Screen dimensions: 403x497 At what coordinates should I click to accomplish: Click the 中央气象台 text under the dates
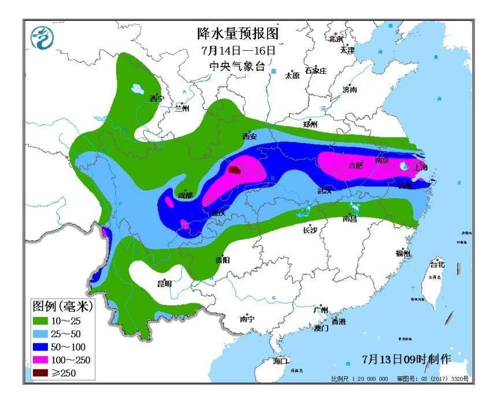pyautogui.click(x=237, y=66)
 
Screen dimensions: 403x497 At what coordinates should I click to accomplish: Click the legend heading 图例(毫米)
pyautogui.click(x=62, y=305)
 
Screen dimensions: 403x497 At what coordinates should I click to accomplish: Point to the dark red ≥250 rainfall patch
pyautogui.click(x=235, y=170)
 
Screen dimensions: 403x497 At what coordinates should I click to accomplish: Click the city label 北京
pyautogui.click(x=336, y=39)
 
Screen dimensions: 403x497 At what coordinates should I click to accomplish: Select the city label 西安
pyautogui.click(x=249, y=137)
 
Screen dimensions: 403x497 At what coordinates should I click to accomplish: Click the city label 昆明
pyautogui.click(x=164, y=283)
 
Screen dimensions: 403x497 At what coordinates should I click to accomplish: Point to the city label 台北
pyautogui.click(x=437, y=265)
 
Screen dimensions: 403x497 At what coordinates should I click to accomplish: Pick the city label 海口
pyautogui.click(x=280, y=361)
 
